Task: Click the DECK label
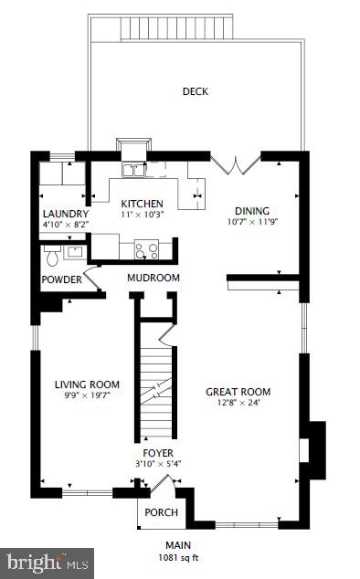point(195,91)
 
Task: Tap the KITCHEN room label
point(143,204)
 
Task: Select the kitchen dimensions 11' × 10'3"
point(143,215)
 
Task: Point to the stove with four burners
point(146,247)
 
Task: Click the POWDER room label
point(61,279)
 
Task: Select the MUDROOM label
point(153,278)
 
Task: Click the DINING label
point(251,209)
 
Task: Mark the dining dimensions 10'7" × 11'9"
point(251,220)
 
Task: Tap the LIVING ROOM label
point(87,384)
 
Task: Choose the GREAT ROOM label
point(238,392)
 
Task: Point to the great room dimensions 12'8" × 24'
point(238,403)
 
